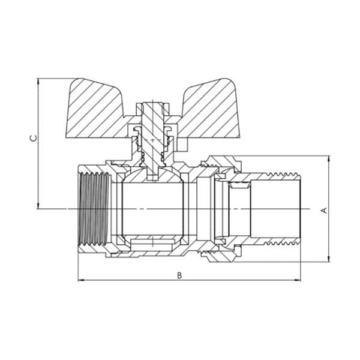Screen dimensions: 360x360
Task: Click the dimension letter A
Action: [323, 210]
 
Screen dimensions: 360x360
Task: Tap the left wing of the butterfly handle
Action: [96, 108]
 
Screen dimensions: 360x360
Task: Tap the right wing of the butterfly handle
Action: [210, 108]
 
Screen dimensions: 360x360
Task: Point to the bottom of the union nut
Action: [220, 256]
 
